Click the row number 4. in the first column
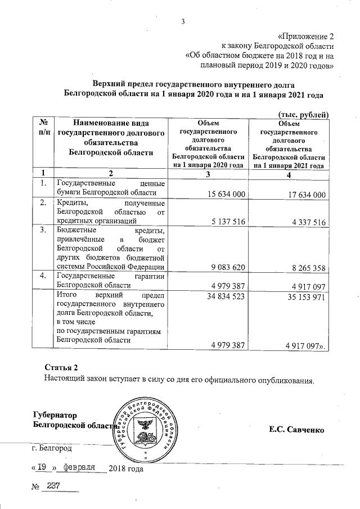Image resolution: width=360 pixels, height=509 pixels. pos(43,276)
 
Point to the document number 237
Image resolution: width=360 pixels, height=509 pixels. pos(54,485)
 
